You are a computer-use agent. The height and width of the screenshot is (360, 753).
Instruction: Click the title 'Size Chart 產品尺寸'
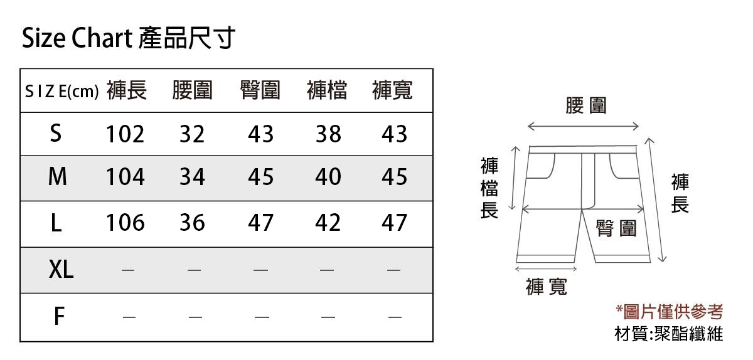pyautogui.click(x=129, y=39)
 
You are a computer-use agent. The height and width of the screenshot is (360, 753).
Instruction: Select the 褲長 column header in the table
pyautogui.click(x=127, y=91)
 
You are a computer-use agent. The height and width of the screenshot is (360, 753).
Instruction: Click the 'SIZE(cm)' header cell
pyautogui.click(x=61, y=92)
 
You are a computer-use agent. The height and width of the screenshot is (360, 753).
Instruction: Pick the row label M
pyautogui.click(x=57, y=177)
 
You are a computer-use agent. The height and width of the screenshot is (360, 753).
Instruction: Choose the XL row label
pyautogui.click(x=61, y=270)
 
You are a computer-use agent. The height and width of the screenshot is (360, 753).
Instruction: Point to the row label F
pyautogui.click(x=58, y=317)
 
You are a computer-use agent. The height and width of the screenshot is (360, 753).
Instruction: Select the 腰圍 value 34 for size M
pyautogui.click(x=192, y=177)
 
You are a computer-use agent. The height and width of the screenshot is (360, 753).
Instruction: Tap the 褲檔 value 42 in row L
pyautogui.click(x=328, y=223)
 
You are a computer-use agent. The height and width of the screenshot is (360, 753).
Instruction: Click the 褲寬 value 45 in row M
pyautogui.click(x=394, y=177)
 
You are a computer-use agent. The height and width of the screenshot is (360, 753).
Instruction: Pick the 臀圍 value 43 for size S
pyautogui.click(x=260, y=134)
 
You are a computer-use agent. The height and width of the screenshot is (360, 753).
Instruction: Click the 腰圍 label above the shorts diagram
pyautogui.click(x=586, y=105)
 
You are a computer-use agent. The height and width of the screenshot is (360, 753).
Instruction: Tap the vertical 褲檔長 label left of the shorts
pyautogui.click(x=489, y=189)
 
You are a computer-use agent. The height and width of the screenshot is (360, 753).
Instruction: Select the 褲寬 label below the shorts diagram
pyautogui.click(x=546, y=287)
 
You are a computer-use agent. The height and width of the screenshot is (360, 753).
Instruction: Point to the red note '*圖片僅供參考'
pyautogui.click(x=670, y=311)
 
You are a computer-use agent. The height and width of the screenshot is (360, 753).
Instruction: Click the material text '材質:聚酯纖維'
pyautogui.click(x=668, y=334)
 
